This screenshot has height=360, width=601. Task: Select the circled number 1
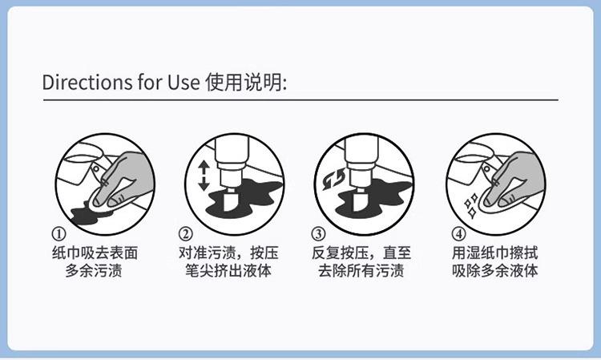(58, 233)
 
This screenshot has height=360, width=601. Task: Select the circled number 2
(186, 233)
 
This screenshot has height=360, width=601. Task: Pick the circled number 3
(318, 233)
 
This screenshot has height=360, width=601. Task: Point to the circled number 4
(458, 233)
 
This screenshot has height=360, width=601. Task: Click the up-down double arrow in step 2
(204, 176)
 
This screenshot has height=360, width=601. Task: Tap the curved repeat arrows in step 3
(333, 180)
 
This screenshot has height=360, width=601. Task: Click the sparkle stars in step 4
(471, 206)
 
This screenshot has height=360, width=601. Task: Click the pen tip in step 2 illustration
(230, 201)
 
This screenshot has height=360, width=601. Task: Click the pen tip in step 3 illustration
(359, 201)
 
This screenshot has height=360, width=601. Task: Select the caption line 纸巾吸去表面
(95, 253)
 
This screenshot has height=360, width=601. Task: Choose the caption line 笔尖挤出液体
(228, 271)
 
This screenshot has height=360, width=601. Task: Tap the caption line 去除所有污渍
(361, 271)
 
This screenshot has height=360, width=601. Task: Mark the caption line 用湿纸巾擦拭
(495, 253)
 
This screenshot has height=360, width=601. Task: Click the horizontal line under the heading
(300, 99)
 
